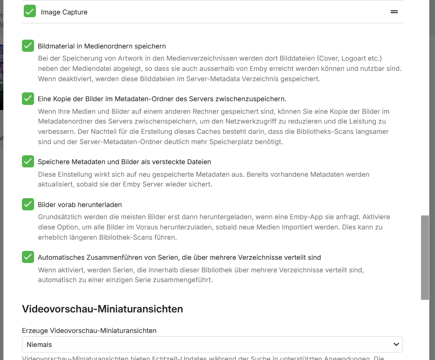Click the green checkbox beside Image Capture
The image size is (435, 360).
[x=30, y=12]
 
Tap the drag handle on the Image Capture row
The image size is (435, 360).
[x=394, y=12]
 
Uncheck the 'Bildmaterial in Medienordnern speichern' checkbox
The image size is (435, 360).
[x=28, y=46]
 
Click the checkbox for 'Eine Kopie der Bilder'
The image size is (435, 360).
[x=28, y=98]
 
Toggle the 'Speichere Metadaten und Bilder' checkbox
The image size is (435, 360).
[x=28, y=161]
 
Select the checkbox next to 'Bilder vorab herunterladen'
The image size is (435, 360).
[x=28, y=204]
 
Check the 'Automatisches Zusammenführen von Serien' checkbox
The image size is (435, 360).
[x=28, y=257]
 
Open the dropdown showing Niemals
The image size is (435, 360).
[x=212, y=345]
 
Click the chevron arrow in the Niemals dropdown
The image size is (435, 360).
[x=396, y=345]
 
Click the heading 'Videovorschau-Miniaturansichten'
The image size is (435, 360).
[x=102, y=309]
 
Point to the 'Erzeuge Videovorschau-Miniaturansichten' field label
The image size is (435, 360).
[x=89, y=331]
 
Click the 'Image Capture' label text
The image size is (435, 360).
[x=64, y=12]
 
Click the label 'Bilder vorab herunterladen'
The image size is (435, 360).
[x=80, y=205]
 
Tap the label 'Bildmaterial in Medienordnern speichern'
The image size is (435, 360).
[x=102, y=46]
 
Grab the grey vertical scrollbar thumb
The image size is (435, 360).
[x=425, y=257]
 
